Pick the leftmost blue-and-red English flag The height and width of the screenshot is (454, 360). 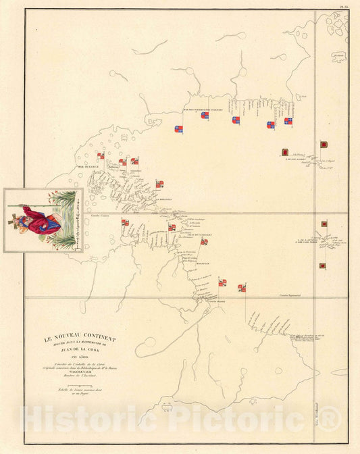(x=178, y=128)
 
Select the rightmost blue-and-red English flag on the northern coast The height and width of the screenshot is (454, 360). (x=288, y=122)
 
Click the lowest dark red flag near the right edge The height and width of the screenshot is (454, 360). (x=322, y=266)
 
